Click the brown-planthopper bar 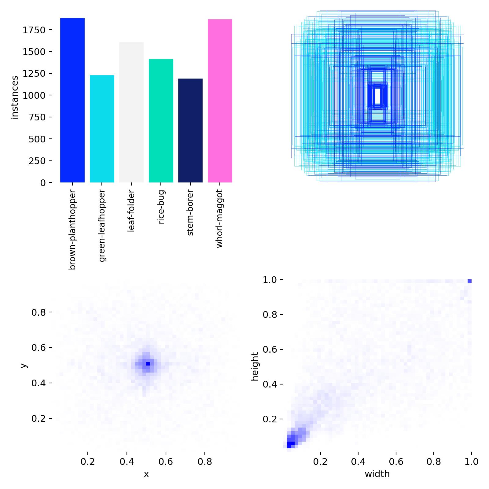(x=72, y=101)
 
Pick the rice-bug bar (x=161, y=121)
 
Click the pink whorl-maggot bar (x=220, y=101)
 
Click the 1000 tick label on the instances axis (x=34, y=95)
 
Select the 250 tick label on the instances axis (x=37, y=161)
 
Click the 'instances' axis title (x=15, y=97)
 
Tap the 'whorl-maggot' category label (x=220, y=219)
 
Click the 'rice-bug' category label (x=161, y=207)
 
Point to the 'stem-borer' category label (x=190, y=213)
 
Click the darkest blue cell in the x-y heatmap (x=148, y=364)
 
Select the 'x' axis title (x=146, y=474)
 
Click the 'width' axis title (x=377, y=474)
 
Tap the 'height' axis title (x=255, y=366)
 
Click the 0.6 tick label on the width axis (x=396, y=461)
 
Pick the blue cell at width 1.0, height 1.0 (x=469, y=281)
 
